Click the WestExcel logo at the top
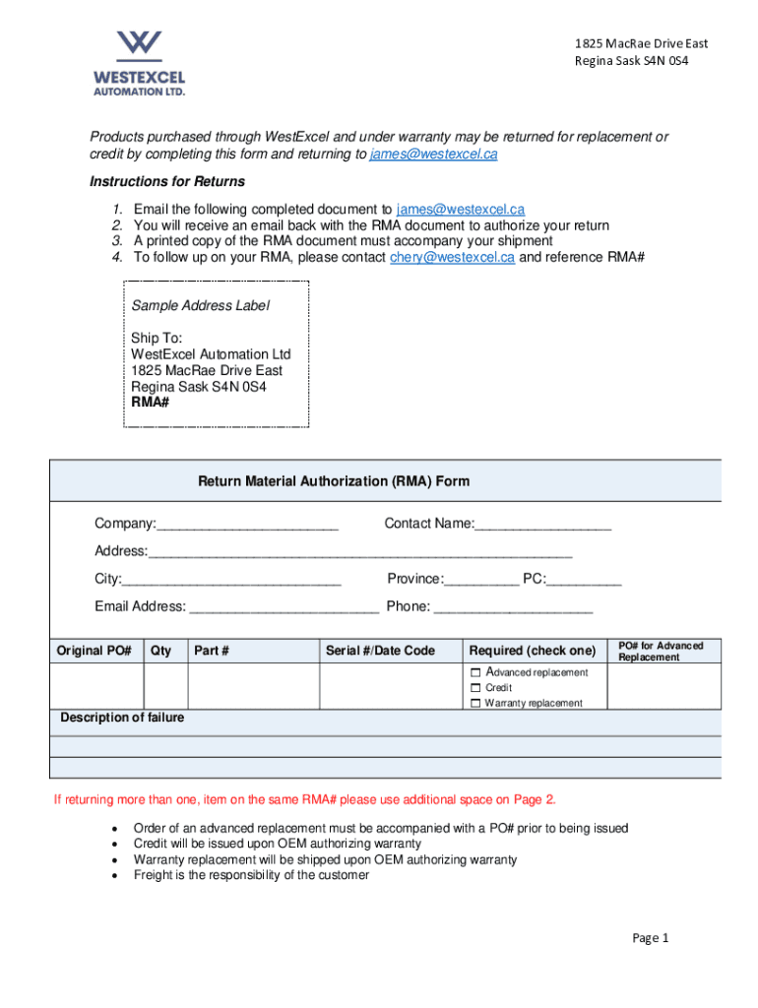139,62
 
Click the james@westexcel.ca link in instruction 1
460,210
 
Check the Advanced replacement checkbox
475,672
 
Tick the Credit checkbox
475,687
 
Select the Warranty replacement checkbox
475,703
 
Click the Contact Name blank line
542,525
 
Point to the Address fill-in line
359,552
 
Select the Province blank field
481,580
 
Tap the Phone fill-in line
513,607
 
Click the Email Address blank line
284,607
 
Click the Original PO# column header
95,651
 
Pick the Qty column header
160,651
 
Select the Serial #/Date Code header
380,651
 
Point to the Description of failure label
122,718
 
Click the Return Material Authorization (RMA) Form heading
334,481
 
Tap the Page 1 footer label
650,938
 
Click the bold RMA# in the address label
150,403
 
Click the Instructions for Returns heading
167,182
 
